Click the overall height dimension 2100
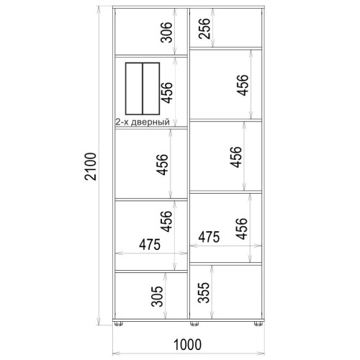(x=91, y=166)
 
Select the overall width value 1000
(x=187, y=345)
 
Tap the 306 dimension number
(x=166, y=32)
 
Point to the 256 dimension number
(x=204, y=28)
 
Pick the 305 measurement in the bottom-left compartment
(x=157, y=296)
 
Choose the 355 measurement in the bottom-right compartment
(x=204, y=292)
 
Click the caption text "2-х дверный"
(x=143, y=122)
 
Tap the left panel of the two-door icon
(x=134, y=89)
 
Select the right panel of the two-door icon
(x=151, y=89)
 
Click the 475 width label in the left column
(x=150, y=245)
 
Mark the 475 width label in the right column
(x=209, y=237)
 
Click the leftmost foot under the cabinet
(x=119, y=324)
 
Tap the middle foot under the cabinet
(x=194, y=324)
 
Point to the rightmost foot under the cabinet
(x=258, y=324)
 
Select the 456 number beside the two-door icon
(x=167, y=93)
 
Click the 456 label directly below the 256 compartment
(x=243, y=85)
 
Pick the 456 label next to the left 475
(x=166, y=221)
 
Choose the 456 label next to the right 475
(x=241, y=229)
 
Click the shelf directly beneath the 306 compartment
(x=151, y=56)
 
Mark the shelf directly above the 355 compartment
(x=226, y=264)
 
